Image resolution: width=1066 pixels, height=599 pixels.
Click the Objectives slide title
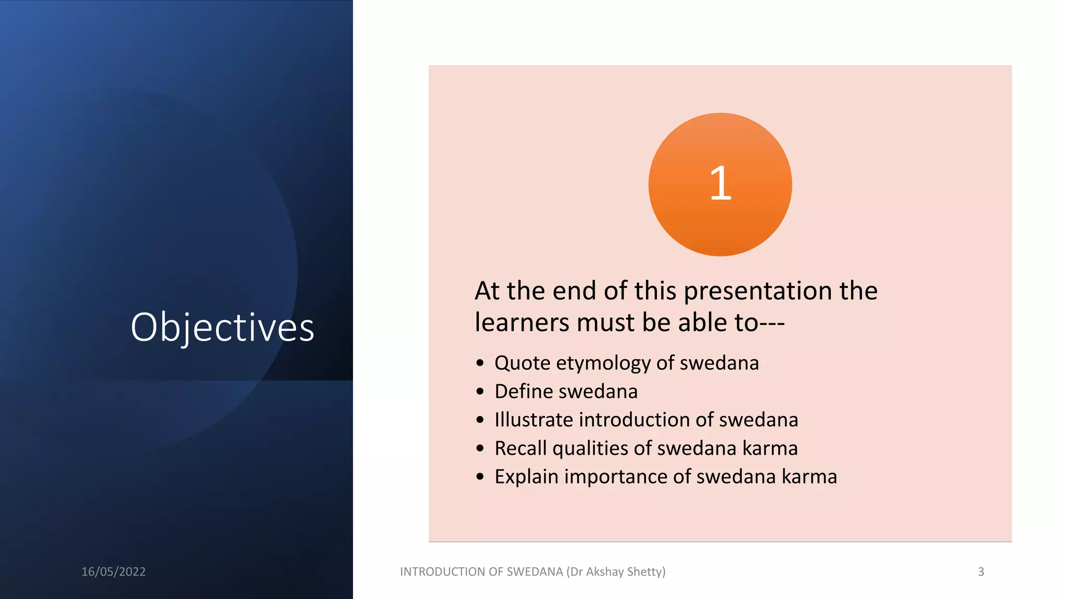(x=222, y=328)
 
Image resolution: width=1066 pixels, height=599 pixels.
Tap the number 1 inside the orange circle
(x=720, y=184)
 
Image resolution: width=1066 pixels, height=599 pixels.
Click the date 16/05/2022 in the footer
(x=113, y=571)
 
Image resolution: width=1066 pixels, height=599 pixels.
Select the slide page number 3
(x=981, y=571)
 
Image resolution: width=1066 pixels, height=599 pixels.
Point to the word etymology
(x=603, y=363)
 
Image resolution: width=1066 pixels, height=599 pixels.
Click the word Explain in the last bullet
(x=526, y=477)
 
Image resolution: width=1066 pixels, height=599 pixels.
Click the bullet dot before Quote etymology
(x=480, y=363)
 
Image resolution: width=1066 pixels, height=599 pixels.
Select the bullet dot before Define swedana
(x=480, y=392)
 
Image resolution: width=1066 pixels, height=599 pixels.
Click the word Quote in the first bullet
(x=522, y=363)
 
